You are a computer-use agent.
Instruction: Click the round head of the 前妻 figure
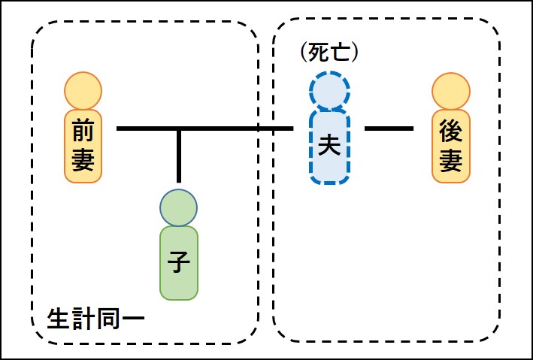pyautogui.click(x=83, y=90)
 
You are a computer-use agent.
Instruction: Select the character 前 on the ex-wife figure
pyautogui.click(x=83, y=132)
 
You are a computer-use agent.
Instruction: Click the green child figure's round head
pyautogui.click(x=179, y=207)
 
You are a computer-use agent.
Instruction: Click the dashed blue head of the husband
pyautogui.click(x=329, y=91)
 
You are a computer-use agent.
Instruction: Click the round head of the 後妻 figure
pyautogui.click(x=451, y=90)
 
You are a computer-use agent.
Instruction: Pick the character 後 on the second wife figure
pyautogui.click(x=451, y=132)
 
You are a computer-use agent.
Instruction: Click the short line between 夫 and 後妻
pyautogui.click(x=389, y=129)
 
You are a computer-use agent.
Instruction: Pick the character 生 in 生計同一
pyautogui.click(x=58, y=319)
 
